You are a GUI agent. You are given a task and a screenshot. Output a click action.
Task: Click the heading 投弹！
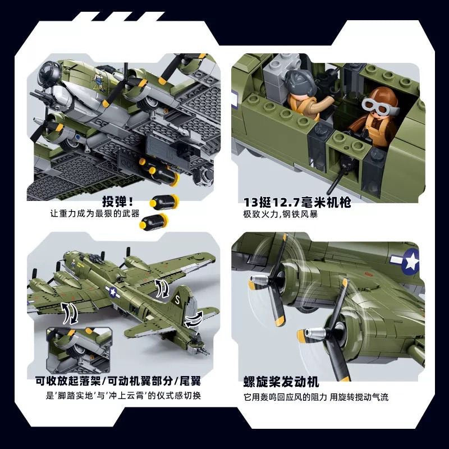click(x=118, y=201)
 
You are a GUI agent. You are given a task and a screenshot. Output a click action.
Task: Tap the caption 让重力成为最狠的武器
click(x=95, y=214)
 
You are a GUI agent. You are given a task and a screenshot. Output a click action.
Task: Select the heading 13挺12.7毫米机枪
click(x=297, y=203)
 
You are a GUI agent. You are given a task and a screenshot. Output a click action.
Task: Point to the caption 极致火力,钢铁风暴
click(x=280, y=214)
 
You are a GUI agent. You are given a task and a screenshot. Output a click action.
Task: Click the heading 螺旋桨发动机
click(x=281, y=382)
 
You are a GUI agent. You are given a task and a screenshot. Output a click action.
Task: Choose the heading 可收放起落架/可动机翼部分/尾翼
click(x=118, y=381)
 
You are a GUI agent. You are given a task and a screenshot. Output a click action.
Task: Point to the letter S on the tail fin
click(x=177, y=300)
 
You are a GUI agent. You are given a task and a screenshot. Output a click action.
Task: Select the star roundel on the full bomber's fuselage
click(x=112, y=292)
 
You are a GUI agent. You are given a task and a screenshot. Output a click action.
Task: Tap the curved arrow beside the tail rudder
click(x=194, y=319)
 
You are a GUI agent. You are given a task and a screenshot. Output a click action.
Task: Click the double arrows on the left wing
click(x=70, y=313)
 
